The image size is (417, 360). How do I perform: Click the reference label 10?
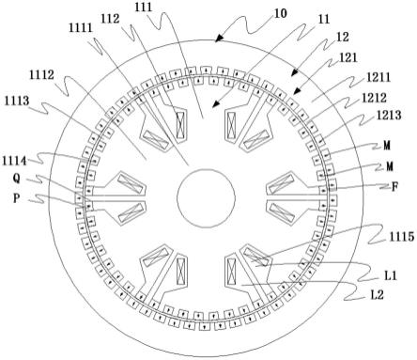[x=280, y=13]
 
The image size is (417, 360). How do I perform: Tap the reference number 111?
[x=144, y=7]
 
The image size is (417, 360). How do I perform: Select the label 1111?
[x=81, y=28]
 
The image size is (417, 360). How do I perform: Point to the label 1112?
[x=41, y=74]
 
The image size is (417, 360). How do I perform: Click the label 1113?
[x=17, y=101]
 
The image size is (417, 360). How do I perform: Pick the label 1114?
[x=14, y=161]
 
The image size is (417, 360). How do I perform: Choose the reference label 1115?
[x=402, y=237]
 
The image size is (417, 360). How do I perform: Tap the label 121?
[x=347, y=57]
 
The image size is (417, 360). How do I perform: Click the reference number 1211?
[x=378, y=77]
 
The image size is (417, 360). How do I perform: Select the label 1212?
[x=374, y=98]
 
